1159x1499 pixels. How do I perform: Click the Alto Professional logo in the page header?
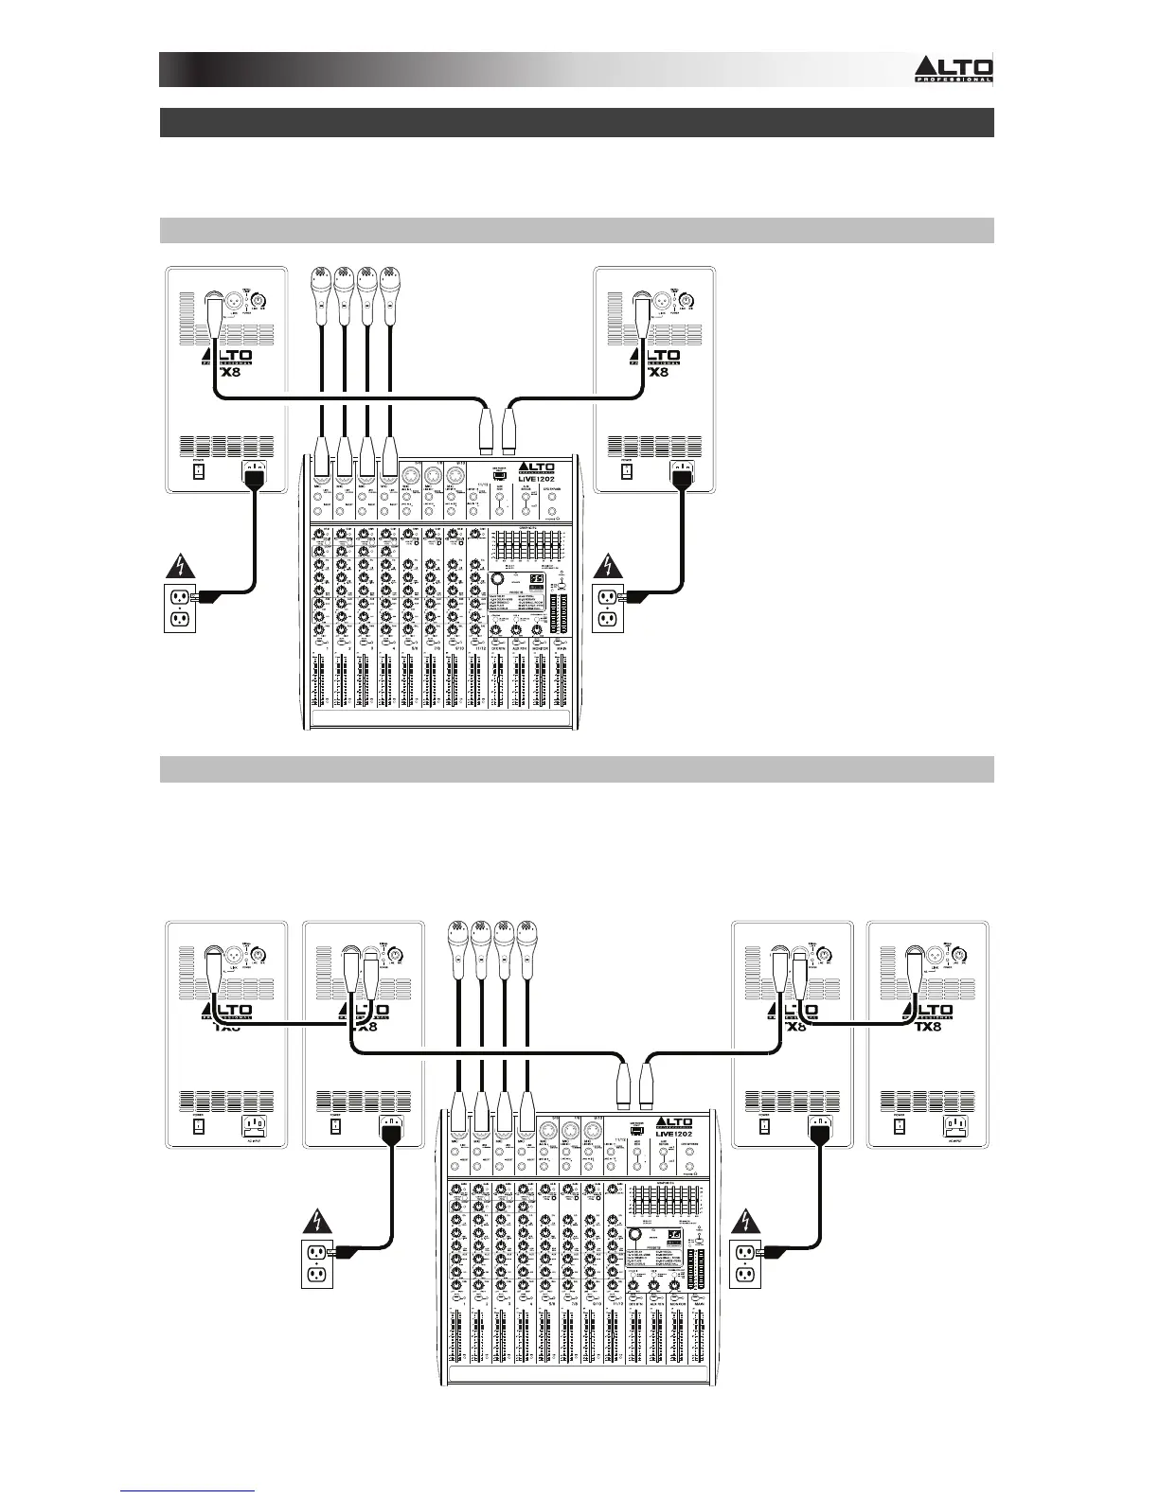[x=954, y=68]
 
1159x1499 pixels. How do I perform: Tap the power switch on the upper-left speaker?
[x=199, y=470]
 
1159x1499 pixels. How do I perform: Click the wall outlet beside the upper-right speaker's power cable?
[x=606, y=608]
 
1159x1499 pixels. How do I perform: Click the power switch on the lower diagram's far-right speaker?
[x=900, y=1127]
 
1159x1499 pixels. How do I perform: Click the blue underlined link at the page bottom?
[x=188, y=1492]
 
